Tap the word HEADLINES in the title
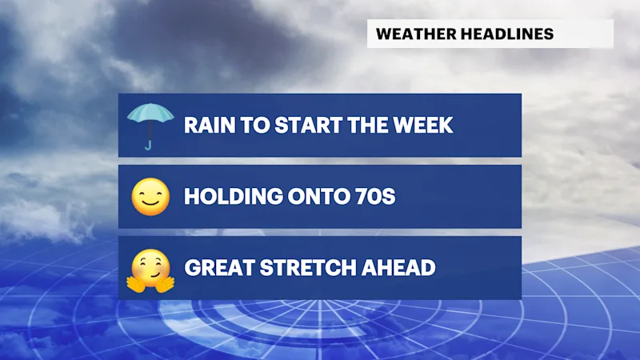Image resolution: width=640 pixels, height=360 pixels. click(x=507, y=34)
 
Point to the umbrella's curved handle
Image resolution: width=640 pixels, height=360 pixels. click(x=148, y=145)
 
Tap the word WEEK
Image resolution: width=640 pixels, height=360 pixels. click(x=423, y=125)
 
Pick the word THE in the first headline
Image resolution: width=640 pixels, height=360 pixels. click(x=367, y=125)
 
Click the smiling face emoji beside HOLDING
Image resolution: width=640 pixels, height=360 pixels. click(x=150, y=196)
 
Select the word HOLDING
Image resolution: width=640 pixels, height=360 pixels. click(x=234, y=196)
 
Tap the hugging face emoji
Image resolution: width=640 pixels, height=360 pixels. click(x=150, y=270)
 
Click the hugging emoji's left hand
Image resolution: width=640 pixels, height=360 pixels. click(x=135, y=284)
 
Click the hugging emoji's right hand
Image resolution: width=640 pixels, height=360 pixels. click(x=165, y=284)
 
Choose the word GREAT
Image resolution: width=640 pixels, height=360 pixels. click(x=219, y=268)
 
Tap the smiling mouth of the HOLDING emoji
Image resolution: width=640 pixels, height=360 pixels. click(x=150, y=203)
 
